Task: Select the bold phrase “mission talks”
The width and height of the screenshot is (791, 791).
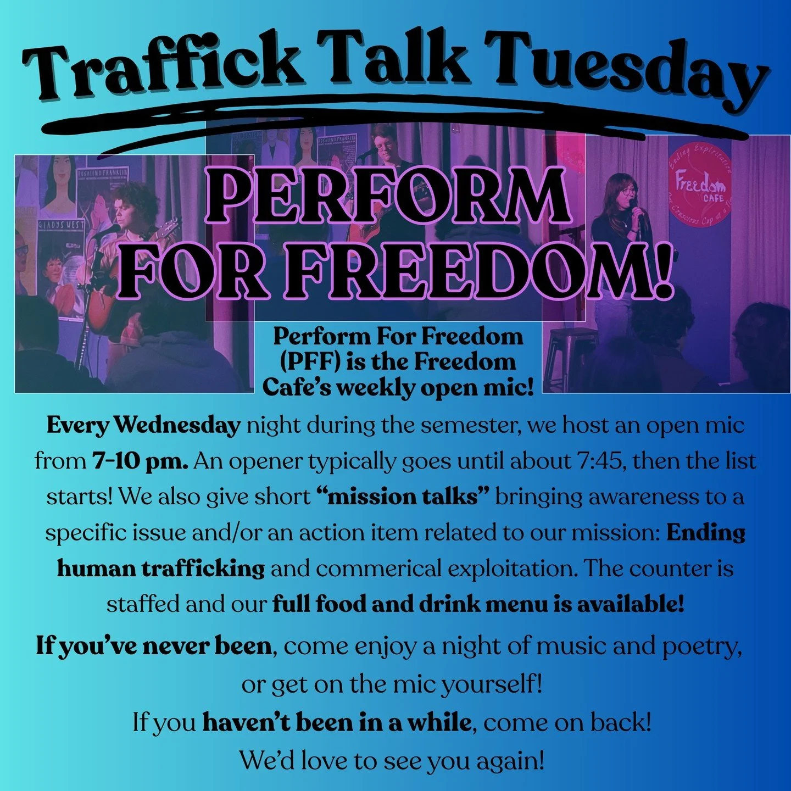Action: (403, 497)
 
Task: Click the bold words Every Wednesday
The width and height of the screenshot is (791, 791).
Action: (143, 425)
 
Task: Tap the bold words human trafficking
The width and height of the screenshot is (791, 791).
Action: (161, 568)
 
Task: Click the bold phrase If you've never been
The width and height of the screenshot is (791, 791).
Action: (154, 646)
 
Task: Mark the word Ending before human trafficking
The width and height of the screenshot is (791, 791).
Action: (706, 533)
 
